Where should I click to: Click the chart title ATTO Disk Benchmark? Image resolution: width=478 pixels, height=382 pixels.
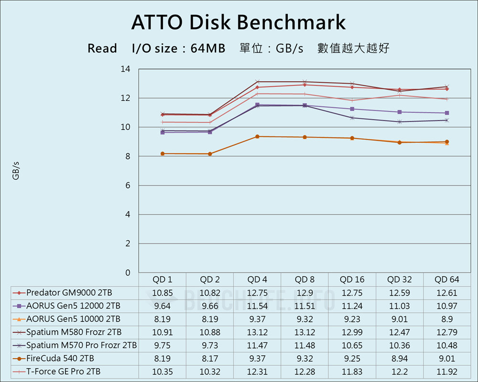pyautogui.click(x=239, y=22)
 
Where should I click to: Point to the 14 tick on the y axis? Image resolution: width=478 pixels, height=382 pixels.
pyautogui.click(x=125, y=69)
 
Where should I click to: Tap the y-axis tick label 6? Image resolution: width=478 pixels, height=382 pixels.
pyautogui.click(x=127, y=186)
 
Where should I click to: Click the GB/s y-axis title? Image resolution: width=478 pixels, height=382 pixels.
pyautogui.click(x=16, y=171)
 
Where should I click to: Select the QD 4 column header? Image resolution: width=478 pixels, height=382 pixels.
pyautogui.click(x=257, y=279)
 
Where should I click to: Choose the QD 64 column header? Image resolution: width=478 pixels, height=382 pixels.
pyautogui.click(x=447, y=279)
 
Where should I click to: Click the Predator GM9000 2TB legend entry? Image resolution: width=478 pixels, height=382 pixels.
pyautogui.click(x=69, y=292)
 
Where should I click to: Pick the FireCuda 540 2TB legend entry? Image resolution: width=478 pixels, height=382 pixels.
pyautogui.click(x=60, y=358)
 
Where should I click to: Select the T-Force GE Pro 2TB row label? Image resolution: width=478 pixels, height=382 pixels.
pyautogui.click(x=64, y=371)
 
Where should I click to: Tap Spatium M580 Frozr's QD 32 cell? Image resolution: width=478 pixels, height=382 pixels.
pyautogui.click(x=400, y=332)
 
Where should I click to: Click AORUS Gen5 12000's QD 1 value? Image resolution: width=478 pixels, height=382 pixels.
pyautogui.click(x=163, y=306)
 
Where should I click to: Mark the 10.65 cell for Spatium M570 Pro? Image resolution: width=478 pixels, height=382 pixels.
pyautogui.click(x=352, y=345)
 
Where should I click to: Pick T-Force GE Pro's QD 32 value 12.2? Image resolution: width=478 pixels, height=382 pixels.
pyautogui.click(x=400, y=371)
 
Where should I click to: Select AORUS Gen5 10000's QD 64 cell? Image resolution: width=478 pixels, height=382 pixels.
pyautogui.click(x=447, y=318)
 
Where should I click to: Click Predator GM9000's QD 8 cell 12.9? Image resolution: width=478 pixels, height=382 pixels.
pyautogui.click(x=305, y=292)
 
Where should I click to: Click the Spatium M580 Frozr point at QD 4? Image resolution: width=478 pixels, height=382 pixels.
pyautogui.click(x=257, y=82)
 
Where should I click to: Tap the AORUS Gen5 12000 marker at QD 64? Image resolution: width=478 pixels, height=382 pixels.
pyautogui.click(x=447, y=113)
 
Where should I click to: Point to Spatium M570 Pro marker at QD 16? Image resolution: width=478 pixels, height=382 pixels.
pyautogui.click(x=352, y=117)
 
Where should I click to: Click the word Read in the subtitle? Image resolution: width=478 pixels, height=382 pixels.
pyautogui.click(x=102, y=49)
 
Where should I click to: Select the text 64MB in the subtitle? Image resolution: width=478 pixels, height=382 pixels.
pyautogui.click(x=208, y=49)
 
